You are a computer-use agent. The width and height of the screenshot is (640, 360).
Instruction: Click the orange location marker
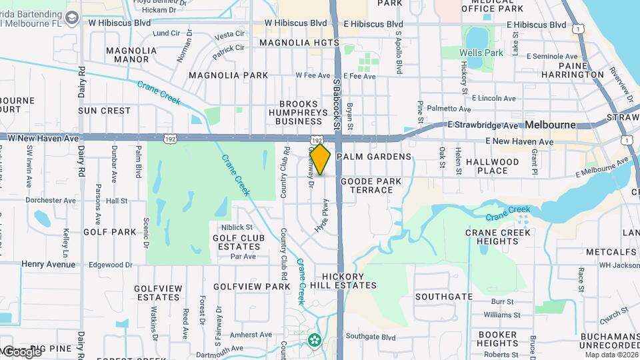point(320,160)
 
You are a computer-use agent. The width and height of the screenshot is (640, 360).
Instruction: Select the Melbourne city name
point(550,125)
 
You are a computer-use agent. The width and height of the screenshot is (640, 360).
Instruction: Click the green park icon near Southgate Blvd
point(314,340)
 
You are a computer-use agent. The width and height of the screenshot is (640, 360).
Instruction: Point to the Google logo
point(21,351)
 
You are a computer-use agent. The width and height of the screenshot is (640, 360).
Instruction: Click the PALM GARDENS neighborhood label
point(373,157)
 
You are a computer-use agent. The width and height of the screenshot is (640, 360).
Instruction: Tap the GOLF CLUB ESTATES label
point(239,243)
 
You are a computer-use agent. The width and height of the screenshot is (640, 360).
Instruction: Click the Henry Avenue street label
point(48,264)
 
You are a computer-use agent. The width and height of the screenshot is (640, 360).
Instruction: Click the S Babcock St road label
point(337,103)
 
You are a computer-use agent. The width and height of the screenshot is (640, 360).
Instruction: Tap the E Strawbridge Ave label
point(483,125)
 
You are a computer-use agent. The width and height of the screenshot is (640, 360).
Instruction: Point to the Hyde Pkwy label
point(326,215)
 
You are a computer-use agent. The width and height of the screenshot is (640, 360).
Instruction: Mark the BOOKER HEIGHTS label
point(498,339)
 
